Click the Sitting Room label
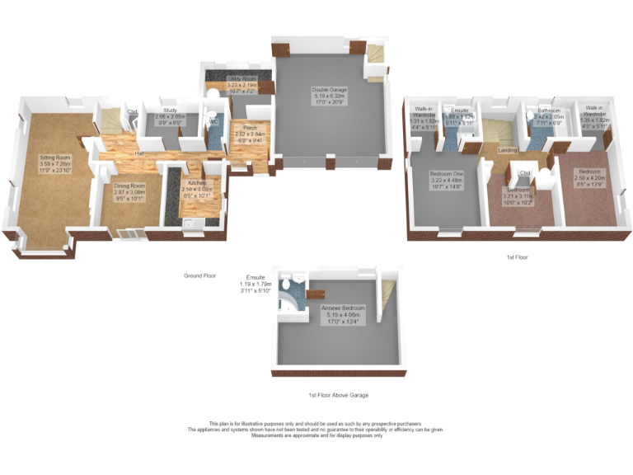coord(56,162)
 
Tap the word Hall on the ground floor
coord(141,154)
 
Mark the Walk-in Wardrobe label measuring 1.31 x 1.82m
coord(424,120)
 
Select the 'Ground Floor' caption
coord(199,275)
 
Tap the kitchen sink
coord(189,223)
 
